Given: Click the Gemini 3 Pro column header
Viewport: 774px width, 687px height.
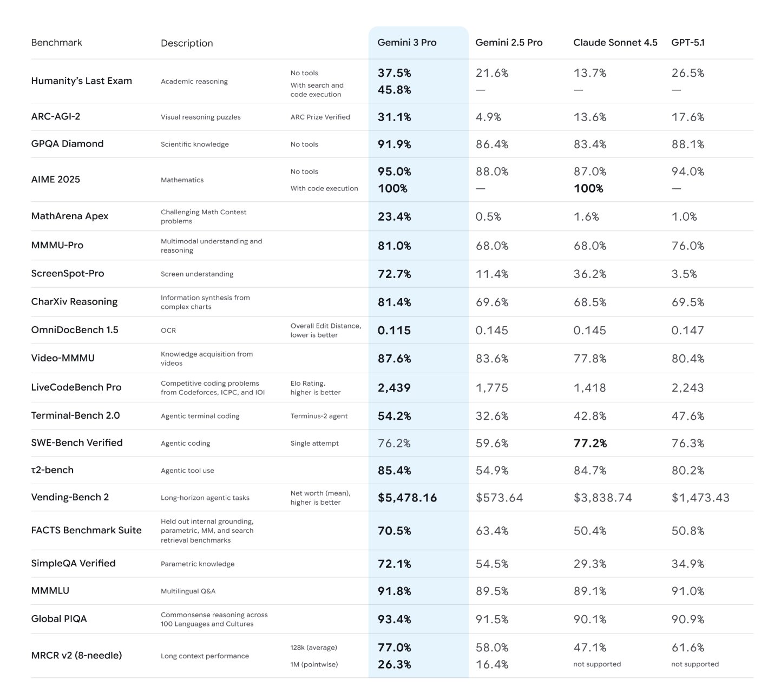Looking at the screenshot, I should (x=406, y=43).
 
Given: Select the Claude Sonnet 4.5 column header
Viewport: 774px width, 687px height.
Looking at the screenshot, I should (x=615, y=43).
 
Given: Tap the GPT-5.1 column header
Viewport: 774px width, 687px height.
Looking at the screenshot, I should (x=687, y=43).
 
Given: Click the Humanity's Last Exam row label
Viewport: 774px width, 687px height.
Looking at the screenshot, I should (x=81, y=81).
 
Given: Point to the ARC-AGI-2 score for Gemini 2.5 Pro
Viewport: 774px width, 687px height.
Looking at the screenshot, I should (x=488, y=117).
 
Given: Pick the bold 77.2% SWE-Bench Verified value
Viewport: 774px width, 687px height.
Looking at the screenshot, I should (x=590, y=444).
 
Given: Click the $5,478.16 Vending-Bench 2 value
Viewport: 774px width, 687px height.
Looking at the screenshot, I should (x=407, y=498).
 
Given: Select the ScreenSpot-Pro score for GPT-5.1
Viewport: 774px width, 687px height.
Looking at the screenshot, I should (x=684, y=274).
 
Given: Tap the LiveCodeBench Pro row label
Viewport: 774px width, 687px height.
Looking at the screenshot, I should (x=76, y=387).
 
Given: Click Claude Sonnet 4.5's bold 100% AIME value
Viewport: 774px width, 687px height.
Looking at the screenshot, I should (x=588, y=189).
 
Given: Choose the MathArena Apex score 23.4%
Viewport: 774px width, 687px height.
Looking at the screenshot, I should (x=394, y=217).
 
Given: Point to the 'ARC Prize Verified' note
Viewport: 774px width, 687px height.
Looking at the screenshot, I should (x=320, y=117).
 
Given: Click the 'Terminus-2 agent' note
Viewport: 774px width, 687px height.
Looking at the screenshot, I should (x=319, y=416).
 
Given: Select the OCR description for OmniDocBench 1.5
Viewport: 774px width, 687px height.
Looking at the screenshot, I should (x=168, y=331).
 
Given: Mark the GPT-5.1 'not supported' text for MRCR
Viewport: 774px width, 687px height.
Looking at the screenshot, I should (x=694, y=664).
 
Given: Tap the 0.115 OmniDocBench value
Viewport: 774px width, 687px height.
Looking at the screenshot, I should (x=393, y=331).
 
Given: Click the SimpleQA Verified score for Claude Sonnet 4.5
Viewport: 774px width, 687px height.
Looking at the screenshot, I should (x=589, y=564).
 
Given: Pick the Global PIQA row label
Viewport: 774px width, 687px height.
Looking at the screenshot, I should (x=58, y=619).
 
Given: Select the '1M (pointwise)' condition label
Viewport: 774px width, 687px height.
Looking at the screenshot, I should (x=314, y=664).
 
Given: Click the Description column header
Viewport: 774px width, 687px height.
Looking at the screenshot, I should (x=187, y=43).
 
